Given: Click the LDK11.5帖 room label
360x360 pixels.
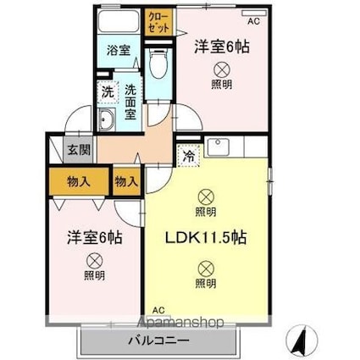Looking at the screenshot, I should click(205, 238).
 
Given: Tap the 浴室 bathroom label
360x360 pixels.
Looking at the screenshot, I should click(118, 51).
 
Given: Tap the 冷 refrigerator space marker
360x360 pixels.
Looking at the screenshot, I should click(187, 155).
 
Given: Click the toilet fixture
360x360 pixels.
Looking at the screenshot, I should click(158, 63).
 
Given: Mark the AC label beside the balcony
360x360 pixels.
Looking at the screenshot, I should click(158, 310).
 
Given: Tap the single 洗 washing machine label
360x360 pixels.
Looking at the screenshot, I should click(108, 91).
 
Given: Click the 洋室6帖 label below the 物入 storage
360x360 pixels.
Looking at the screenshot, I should click(95, 238).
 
